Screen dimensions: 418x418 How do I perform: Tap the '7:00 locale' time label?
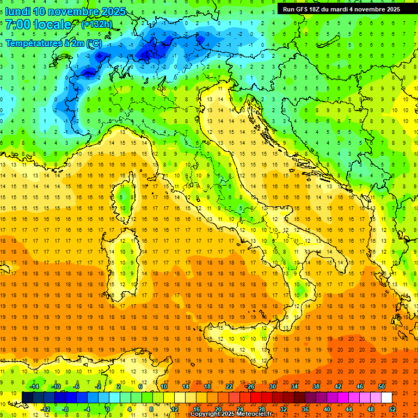[39, 24]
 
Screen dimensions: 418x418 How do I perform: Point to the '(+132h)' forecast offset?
[96, 24]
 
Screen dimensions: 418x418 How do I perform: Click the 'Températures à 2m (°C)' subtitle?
[53, 43]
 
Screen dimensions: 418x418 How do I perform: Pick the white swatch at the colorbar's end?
[386, 397]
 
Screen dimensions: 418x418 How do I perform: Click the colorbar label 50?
[382, 386]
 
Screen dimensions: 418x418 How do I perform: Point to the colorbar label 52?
[392, 409]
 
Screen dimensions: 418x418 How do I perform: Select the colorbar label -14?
[34, 386]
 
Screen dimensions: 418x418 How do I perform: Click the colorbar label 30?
[273, 386]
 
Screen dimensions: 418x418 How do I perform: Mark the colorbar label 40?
[327, 409]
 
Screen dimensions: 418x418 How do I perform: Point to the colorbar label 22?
[229, 386]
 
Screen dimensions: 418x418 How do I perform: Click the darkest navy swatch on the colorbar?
[27, 397]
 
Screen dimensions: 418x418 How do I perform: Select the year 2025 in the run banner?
[391, 9]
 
